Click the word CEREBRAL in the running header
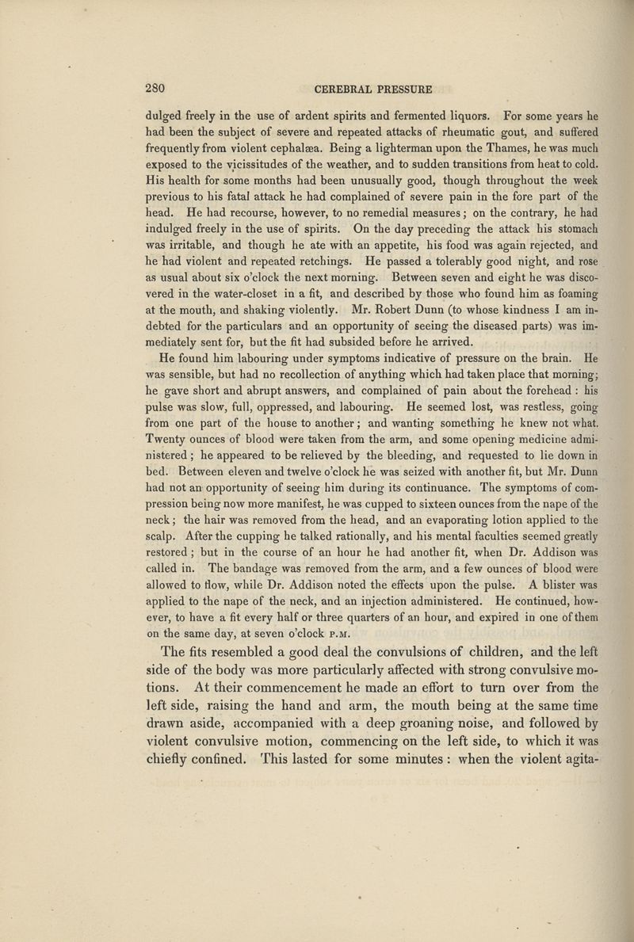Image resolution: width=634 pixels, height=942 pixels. point(344,88)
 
